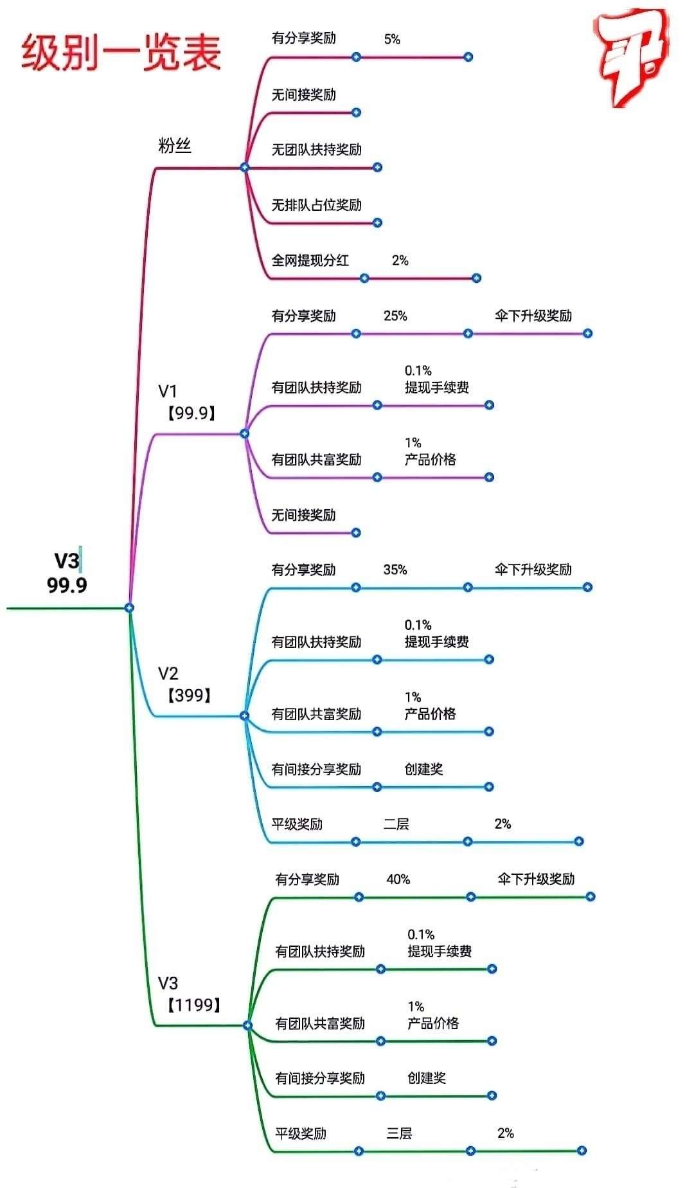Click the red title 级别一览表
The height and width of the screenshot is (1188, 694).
121,53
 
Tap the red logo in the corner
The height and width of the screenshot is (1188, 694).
630,59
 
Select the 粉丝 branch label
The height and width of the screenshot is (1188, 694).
175,146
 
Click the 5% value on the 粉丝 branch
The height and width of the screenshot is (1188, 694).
392,39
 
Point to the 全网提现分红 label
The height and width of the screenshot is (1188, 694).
310,260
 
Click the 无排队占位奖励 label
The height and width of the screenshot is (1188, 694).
316,205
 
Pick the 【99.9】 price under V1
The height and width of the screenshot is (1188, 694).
191,413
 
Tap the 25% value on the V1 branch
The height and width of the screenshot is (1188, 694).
395,316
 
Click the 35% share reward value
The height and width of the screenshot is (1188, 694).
395,570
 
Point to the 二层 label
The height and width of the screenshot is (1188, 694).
396,824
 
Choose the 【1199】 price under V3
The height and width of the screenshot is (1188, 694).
194,1005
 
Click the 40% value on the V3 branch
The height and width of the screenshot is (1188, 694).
398,879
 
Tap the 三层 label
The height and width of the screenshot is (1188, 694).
399,1133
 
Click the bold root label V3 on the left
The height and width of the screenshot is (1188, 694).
67,561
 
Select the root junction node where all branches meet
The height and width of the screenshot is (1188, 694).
129,607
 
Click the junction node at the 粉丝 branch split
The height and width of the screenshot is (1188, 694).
244,167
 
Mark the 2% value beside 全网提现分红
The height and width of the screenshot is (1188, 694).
400,260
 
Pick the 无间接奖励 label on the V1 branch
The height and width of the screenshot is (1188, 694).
303,515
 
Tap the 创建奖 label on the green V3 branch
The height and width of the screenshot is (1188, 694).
427,1078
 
